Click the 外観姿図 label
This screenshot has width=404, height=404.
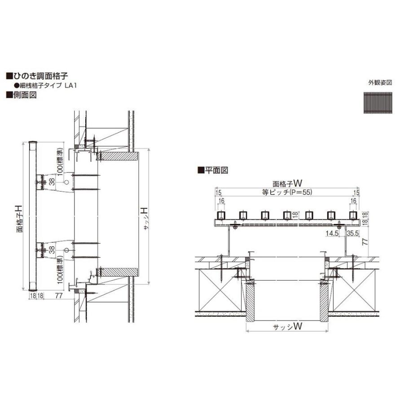point(380,83)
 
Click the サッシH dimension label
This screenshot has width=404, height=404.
point(146,219)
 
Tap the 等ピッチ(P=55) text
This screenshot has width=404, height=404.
point(286,192)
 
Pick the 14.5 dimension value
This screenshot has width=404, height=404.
point(333,233)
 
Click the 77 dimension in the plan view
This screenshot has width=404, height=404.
point(364,241)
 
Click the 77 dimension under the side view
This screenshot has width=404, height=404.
point(58,296)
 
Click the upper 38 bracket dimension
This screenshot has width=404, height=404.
point(52,181)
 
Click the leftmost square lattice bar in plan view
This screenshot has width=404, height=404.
point(221,215)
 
